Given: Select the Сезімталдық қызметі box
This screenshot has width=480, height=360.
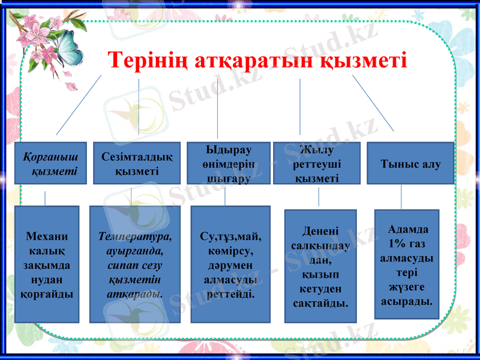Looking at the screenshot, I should [x=137, y=163].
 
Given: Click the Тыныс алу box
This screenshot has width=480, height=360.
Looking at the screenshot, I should [x=410, y=163].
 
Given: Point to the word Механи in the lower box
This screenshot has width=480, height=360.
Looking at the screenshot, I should [x=47, y=236].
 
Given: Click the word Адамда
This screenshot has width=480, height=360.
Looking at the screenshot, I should [x=408, y=229].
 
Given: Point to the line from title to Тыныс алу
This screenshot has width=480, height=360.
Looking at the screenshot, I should [x=373, y=103].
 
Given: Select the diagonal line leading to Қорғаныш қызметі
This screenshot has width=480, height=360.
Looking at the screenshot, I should [x=79, y=104].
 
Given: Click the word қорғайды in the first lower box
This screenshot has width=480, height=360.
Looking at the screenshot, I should [x=47, y=295].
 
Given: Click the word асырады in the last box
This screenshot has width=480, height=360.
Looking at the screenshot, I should [x=407, y=300].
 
